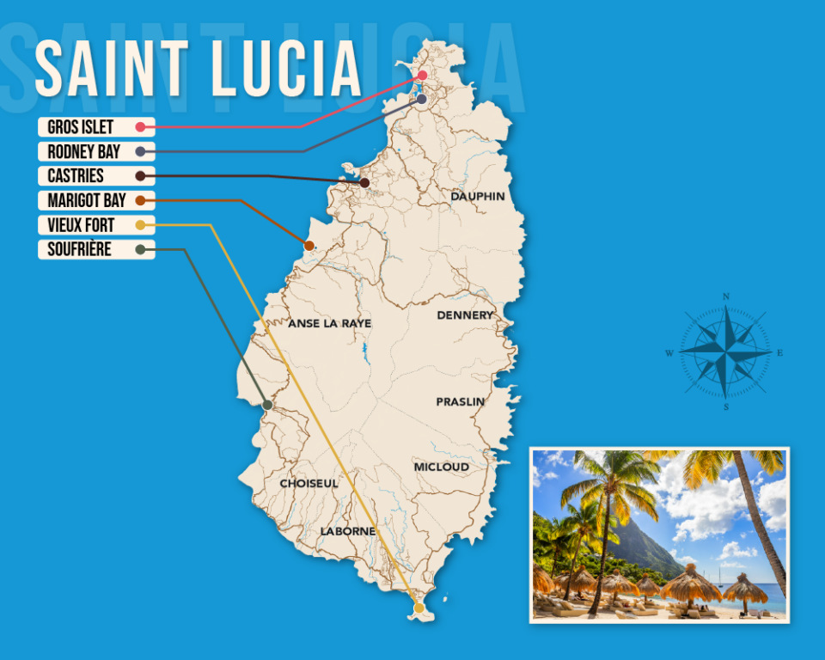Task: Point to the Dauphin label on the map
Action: (x=478, y=197)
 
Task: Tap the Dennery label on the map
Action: (x=465, y=315)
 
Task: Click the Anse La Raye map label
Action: (x=330, y=324)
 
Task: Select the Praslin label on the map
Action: (x=460, y=401)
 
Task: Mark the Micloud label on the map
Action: (x=442, y=467)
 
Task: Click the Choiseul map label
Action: (x=309, y=484)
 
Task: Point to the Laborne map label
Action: (x=348, y=531)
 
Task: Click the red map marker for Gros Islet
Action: (x=423, y=76)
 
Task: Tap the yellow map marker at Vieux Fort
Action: (x=419, y=608)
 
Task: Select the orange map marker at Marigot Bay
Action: (x=309, y=246)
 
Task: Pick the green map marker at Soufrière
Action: (x=267, y=405)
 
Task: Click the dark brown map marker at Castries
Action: (x=364, y=182)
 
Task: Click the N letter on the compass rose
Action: (x=726, y=297)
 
